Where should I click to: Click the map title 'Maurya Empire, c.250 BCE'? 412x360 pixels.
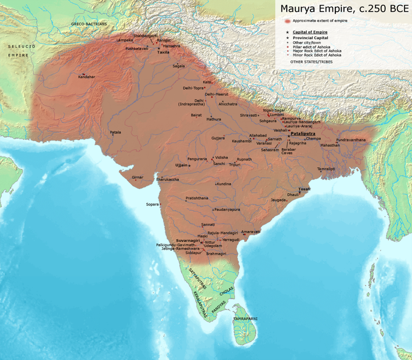pyautogui.click(x=344, y=9)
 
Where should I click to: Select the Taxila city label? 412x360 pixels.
pyautogui.click(x=163, y=52)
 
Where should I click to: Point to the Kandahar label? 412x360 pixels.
pyautogui.click(x=86, y=77)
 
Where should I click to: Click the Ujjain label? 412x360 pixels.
pyautogui.click(x=181, y=165)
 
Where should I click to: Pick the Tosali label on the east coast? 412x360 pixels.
pyautogui.click(x=304, y=189)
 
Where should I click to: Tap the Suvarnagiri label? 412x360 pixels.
pyautogui.click(x=188, y=240)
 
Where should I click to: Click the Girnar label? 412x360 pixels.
pyautogui.click(x=138, y=176)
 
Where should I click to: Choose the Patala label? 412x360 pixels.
pyautogui.click(x=116, y=132)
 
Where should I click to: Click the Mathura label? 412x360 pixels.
pyautogui.click(x=214, y=119)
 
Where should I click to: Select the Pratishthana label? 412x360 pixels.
pyautogui.click(x=197, y=198)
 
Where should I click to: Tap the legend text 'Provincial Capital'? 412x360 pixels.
pyautogui.click(x=312, y=37)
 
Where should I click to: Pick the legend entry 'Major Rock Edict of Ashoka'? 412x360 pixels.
pyautogui.click(x=317, y=51)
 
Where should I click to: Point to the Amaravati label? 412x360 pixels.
pyautogui.click(x=251, y=231)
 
